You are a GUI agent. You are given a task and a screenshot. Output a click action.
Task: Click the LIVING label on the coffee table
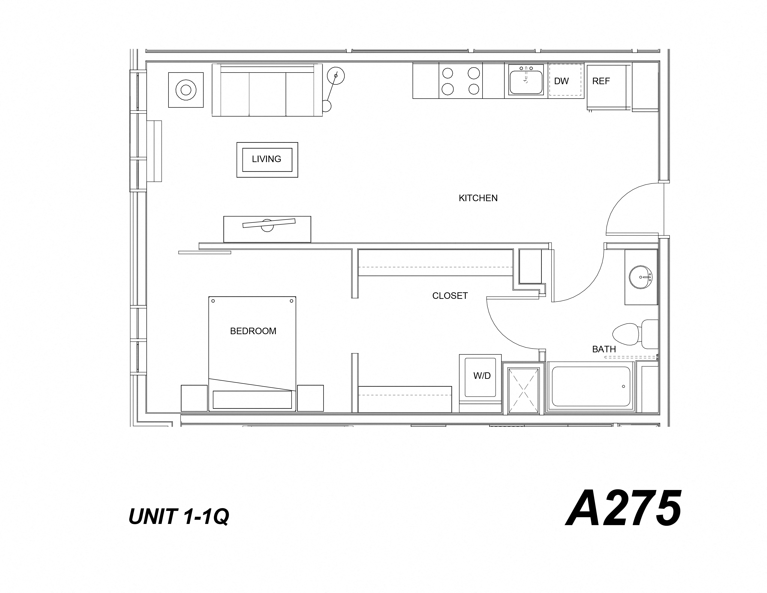[x=267, y=159]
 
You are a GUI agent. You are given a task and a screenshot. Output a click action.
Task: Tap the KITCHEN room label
[x=478, y=198]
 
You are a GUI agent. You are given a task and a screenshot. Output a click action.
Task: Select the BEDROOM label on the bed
[x=253, y=331]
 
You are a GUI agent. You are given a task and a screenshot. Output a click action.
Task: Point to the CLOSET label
[x=450, y=296]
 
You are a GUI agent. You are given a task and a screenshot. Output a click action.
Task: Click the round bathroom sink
[x=640, y=277]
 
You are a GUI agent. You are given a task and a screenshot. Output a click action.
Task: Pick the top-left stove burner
[x=447, y=73]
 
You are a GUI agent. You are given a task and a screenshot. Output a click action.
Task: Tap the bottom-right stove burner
[x=474, y=89]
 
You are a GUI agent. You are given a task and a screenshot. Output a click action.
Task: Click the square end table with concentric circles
[x=186, y=90]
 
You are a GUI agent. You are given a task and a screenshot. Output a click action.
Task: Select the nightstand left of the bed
[x=194, y=398]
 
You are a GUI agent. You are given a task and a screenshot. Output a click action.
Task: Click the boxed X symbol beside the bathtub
[x=523, y=390]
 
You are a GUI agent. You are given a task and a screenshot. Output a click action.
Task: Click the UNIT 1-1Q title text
[x=179, y=516]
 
